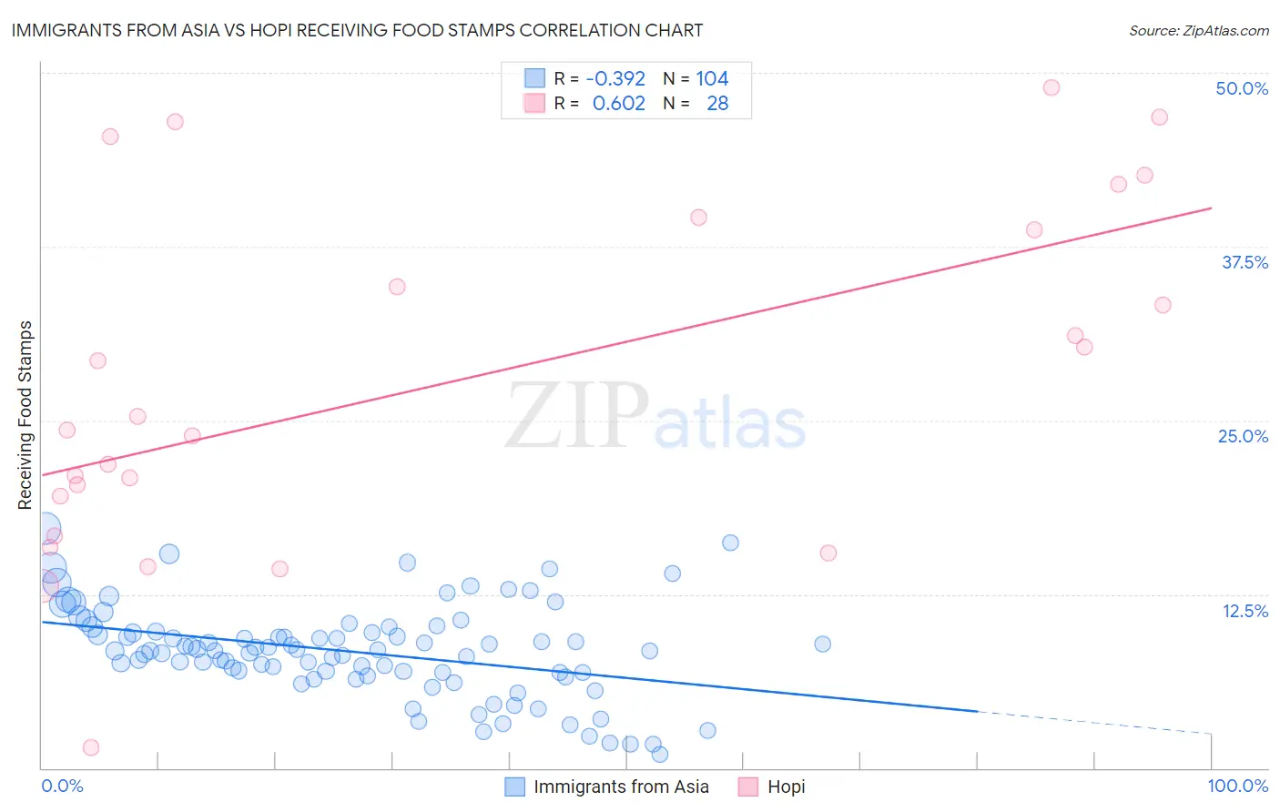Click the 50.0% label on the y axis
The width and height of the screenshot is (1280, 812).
pyautogui.click(x=1242, y=88)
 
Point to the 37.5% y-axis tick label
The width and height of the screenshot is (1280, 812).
pyautogui.click(x=1244, y=262)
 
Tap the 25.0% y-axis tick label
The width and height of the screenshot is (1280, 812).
pyautogui.click(x=1243, y=436)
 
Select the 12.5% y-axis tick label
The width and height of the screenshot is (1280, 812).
pyautogui.click(x=1244, y=611)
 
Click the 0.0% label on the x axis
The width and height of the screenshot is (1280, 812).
pyautogui.click(x=62, y=786)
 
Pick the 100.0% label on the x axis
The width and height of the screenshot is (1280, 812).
pyautogui.click(x=1237, y=786)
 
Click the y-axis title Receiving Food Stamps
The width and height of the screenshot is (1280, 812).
pyautogui.click(x=25, y=415)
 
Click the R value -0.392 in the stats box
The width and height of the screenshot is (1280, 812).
pyautogui.click(x=615, y=79)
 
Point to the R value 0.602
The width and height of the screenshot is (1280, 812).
pyautogui.click(x=619, y=104)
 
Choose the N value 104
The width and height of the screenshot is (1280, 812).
pyautogui.click(x=712, y=79)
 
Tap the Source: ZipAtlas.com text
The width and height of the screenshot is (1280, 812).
pyautogui.click(x=1198, y=30)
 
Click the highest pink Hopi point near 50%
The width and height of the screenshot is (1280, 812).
pyautogui.click(x=1051, y=87)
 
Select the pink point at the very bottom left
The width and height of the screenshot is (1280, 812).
pyautogui.click(x=91, y=747)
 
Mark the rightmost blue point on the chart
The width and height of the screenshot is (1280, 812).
pyautogui.click(x=822, y=644)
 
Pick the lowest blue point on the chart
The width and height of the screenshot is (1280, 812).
pyautogui.click(x=660, y=754)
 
